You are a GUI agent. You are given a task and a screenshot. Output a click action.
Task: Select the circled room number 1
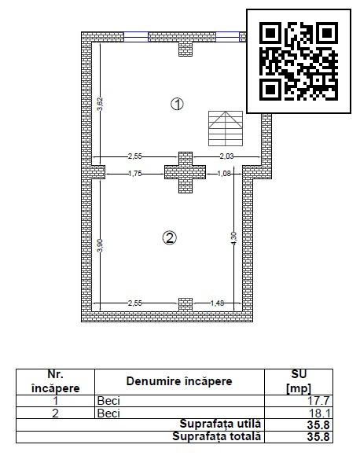(178, 104)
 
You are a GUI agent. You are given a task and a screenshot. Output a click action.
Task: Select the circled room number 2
(169, 237)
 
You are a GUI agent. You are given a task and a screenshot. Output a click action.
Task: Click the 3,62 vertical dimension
(100, 103)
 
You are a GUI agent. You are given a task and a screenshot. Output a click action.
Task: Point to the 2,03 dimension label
(226, 157)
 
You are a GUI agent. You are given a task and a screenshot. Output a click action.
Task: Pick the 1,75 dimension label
(135, 174)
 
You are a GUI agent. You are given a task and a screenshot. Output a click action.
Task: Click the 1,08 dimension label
(222, 174)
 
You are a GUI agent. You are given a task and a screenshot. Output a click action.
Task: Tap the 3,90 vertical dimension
(100, 245)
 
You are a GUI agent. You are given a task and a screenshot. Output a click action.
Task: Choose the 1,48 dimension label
(217, 303)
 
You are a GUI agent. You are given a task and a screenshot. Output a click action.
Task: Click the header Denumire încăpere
(180, 381)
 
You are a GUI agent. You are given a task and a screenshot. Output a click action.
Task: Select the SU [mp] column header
(299, 381)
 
